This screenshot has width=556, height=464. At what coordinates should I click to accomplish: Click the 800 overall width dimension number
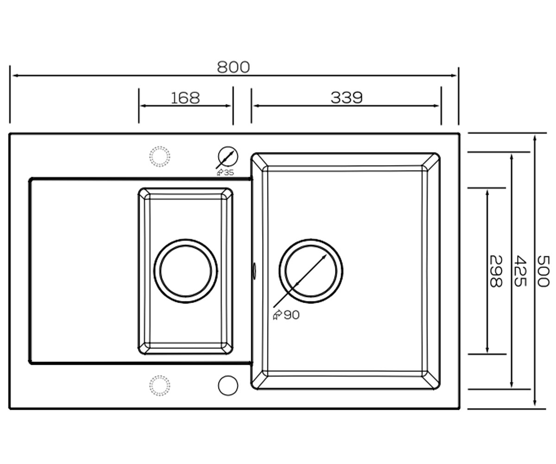(233, 67)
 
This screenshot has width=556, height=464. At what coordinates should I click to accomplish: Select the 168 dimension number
(185, 98)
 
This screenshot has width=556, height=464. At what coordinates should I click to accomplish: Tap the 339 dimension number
(347, 97)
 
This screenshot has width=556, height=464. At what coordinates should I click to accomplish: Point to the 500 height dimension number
(543, 271)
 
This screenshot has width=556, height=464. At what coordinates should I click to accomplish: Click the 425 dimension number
(520, 271)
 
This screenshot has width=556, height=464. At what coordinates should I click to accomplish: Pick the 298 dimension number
(496, 271)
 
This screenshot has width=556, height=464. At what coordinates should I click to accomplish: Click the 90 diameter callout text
(291, 315)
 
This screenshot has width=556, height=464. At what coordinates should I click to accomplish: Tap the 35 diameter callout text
(229, 173)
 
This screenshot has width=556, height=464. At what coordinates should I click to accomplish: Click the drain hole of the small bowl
(186, 271)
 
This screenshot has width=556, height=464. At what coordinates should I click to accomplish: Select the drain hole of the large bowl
(311, 271)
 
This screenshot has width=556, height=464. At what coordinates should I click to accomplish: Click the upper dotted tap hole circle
(159, 156)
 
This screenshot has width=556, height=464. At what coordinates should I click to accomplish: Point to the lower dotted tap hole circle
(159, 386)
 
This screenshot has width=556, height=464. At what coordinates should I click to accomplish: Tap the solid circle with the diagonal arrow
(228, 156)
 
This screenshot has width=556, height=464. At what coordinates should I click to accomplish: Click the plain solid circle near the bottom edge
(228, 386)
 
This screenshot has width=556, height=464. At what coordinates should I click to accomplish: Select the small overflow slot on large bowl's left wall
(254, 271)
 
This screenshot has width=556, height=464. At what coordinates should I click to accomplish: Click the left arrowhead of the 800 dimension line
(15, 76)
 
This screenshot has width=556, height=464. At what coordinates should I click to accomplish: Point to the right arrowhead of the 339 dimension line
(436, 106)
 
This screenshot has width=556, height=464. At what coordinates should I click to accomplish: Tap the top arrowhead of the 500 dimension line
(535, 139)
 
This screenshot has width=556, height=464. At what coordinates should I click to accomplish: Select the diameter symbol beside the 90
(278, 315)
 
